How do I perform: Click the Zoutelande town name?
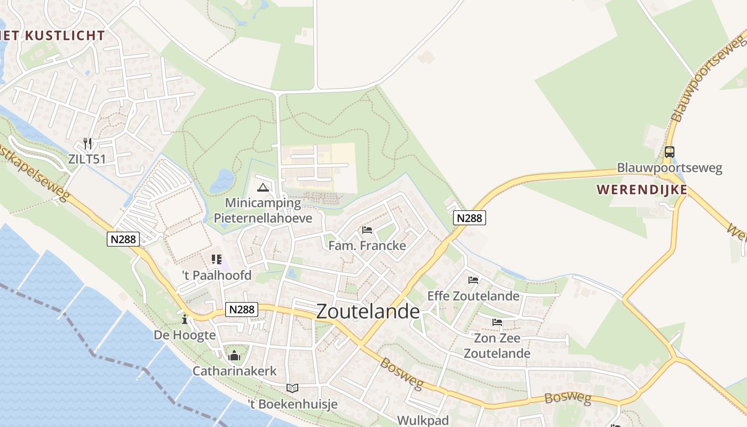(x=368, y=312)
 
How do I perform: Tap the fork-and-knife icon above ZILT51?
(x=88, y=143)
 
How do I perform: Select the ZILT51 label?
(x=87, y=159)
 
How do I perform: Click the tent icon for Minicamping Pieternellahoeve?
(x=262, y=187)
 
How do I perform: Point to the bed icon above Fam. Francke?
(x=367, y=230)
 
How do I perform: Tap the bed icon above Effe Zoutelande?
(x=473, y=280)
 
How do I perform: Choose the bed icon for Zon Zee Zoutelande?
(x=497, y=322)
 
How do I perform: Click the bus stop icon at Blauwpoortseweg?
(x=669, y=152)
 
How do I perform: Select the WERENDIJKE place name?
(x=642, y=189)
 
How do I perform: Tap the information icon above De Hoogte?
(x=185, y=319)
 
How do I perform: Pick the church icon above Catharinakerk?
(x=234, y=355)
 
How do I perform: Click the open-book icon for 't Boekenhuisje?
(x=292, y=388)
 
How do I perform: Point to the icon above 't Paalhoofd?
(x=216, y=259)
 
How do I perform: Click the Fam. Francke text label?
(x=367, y=246)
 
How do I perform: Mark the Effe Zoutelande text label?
(x=473, y=296)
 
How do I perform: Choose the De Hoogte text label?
(x=185, y=335)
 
